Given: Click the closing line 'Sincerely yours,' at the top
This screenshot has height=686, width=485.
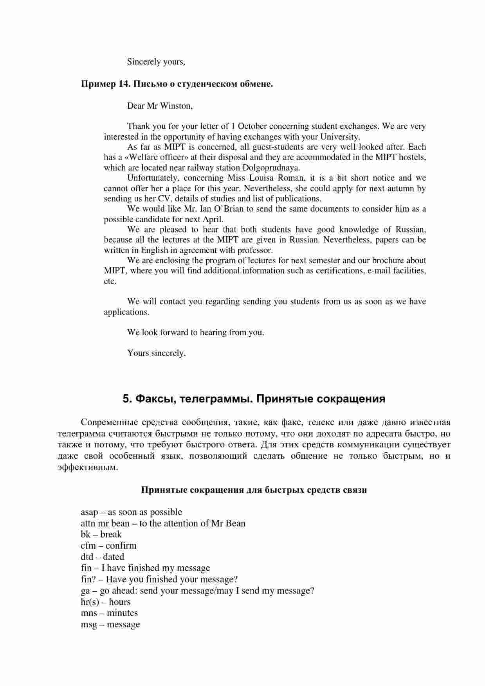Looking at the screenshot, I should click(x=156, y=62).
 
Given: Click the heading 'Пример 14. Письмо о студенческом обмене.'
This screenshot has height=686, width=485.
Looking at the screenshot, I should click(x=177, y=84).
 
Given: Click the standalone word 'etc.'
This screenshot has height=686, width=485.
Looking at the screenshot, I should click(x=110, y=281).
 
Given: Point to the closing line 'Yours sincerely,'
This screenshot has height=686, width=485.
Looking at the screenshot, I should click(x=156, y=353).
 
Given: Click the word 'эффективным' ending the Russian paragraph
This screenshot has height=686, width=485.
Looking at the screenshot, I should click(x=87, y=467).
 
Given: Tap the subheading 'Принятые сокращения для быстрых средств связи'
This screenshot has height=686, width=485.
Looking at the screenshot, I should click(x=254, y=490).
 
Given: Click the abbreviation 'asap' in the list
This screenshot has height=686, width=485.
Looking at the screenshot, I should click(x=89, y=512).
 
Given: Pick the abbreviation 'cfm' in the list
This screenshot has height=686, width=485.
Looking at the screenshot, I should click(x=88, y=546).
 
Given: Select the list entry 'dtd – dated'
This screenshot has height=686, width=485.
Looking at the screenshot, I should click(x=102, y=557).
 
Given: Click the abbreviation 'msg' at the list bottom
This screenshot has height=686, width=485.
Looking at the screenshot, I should click(x=89, y=624).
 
